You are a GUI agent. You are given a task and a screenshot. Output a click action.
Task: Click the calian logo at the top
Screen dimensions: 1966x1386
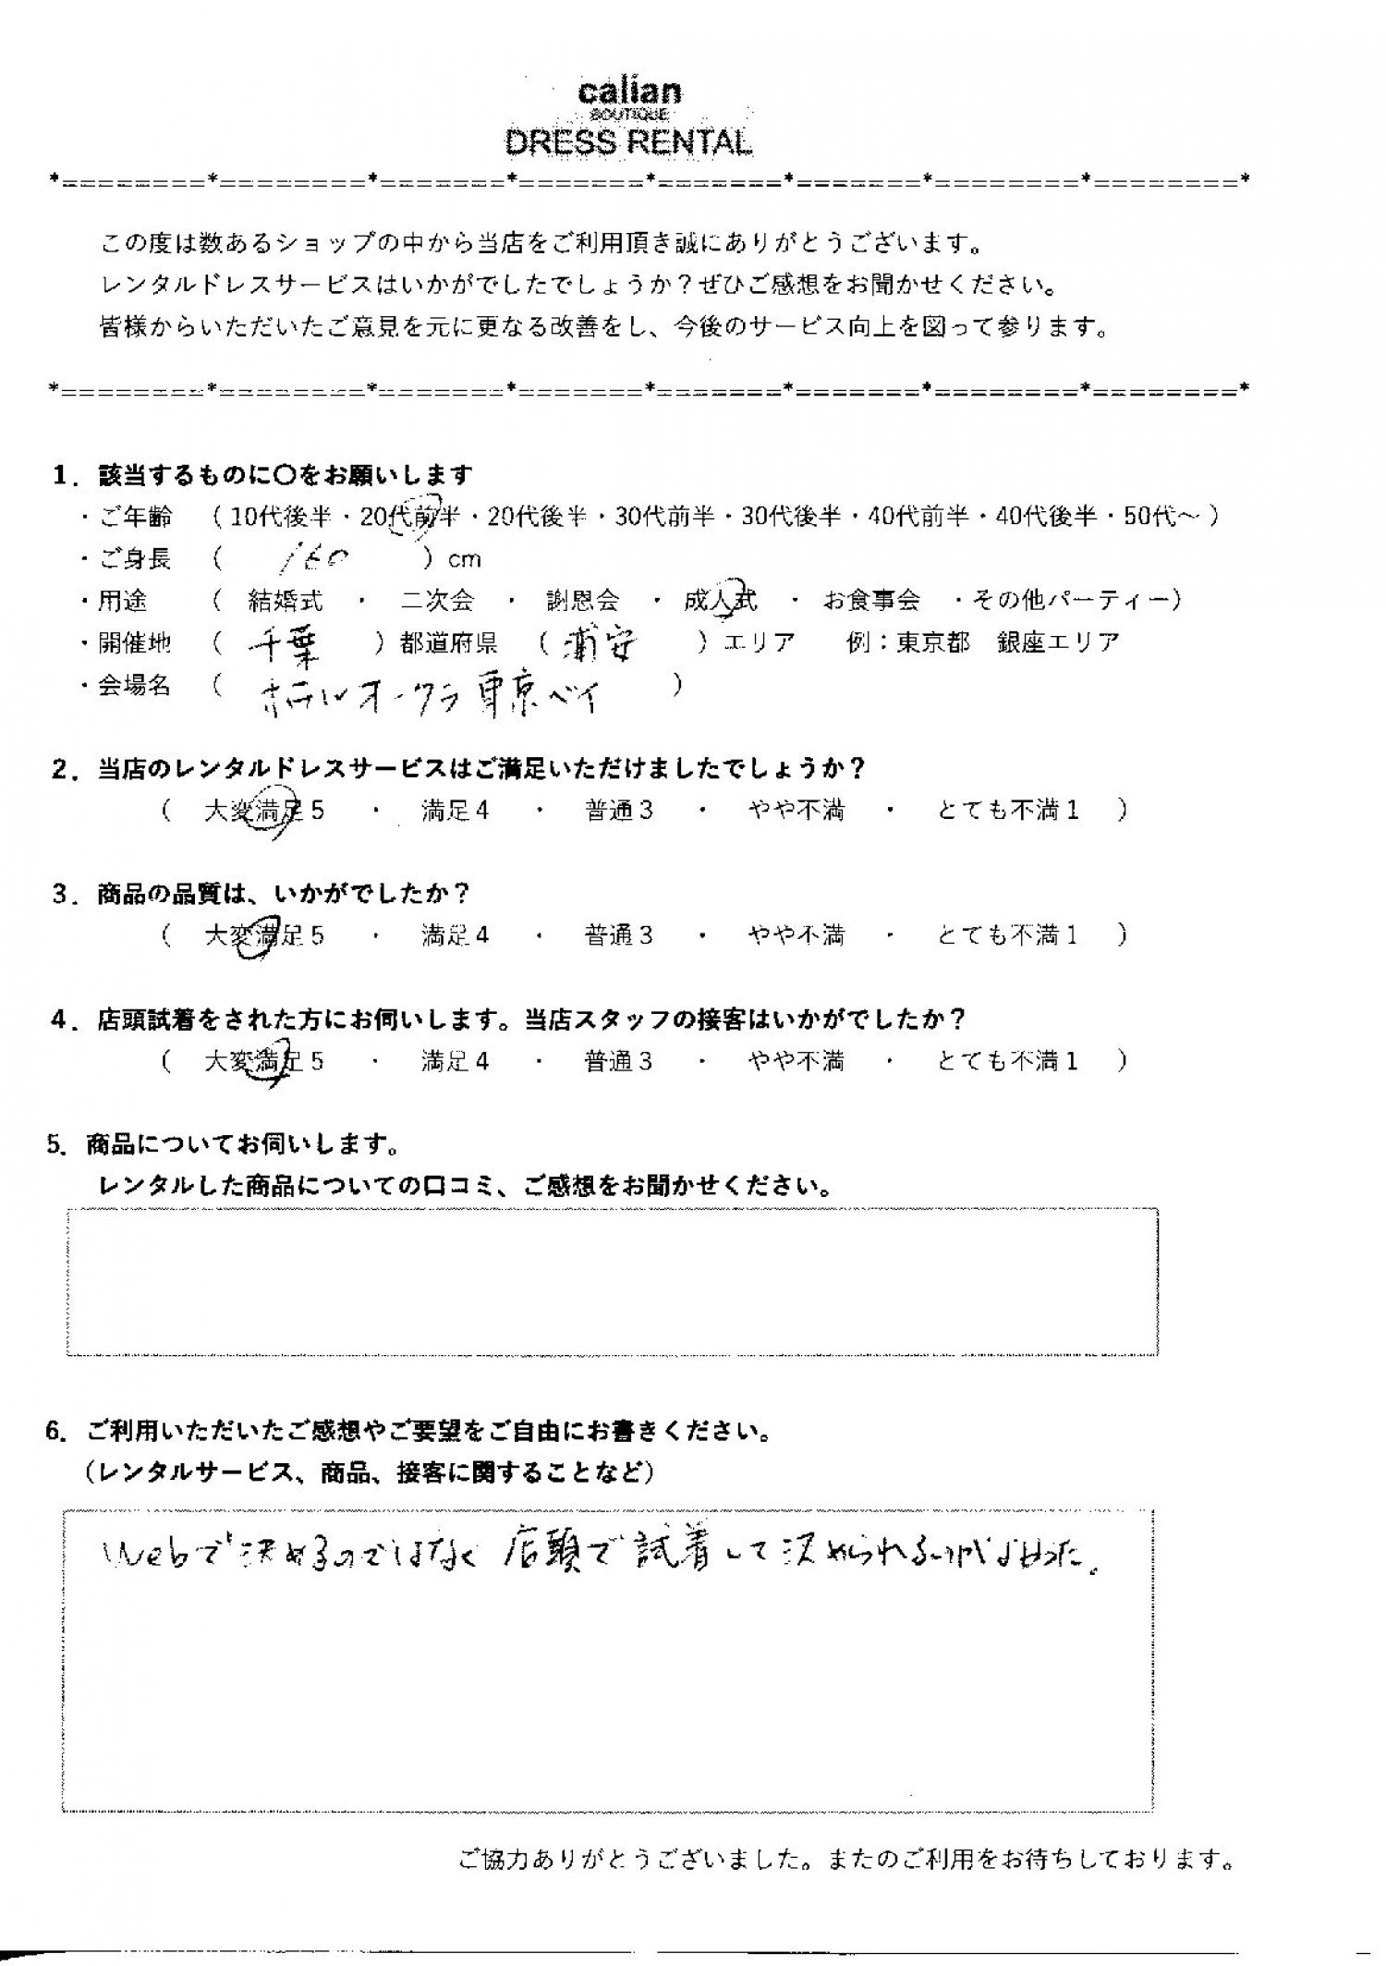(x=629, y=92)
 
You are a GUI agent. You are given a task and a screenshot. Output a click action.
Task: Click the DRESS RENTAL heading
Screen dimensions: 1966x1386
(x=628, y=142)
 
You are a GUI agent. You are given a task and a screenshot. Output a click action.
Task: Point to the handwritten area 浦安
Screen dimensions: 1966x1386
(x=602, y=646)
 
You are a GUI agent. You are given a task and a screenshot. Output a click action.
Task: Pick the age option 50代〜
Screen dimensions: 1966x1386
(x=1161, y=517)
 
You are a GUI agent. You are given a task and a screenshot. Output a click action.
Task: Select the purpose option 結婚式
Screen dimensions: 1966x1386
(x=286, y=601)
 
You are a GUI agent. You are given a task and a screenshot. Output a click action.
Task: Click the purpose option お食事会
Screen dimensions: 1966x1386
(x=871, y=601)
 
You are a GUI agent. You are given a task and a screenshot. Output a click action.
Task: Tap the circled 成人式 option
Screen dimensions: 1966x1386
(x=721, y=601)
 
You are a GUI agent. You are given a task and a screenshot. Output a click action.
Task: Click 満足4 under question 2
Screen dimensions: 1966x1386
(x=455, y=812)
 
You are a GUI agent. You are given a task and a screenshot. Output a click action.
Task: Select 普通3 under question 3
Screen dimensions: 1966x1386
(x=618, y=936)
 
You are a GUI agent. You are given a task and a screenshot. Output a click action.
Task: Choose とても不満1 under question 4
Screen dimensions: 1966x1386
(x=1007, y=1061)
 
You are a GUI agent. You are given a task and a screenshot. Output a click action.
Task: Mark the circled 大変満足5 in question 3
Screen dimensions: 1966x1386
(x=263, y=936)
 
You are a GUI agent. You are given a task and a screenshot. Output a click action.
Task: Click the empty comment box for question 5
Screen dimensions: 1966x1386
(x=612, y=1281)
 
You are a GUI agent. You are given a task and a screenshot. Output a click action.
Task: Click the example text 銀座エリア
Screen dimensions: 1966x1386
(x=1058, y=643)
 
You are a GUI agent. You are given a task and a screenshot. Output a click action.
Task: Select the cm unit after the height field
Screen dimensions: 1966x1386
(x=464, y=560)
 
